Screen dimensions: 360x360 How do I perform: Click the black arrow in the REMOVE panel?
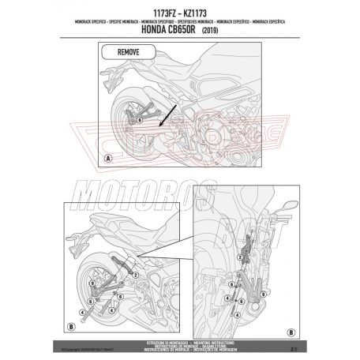[167, 120]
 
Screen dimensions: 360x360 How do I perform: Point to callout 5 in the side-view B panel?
[116, 294]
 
